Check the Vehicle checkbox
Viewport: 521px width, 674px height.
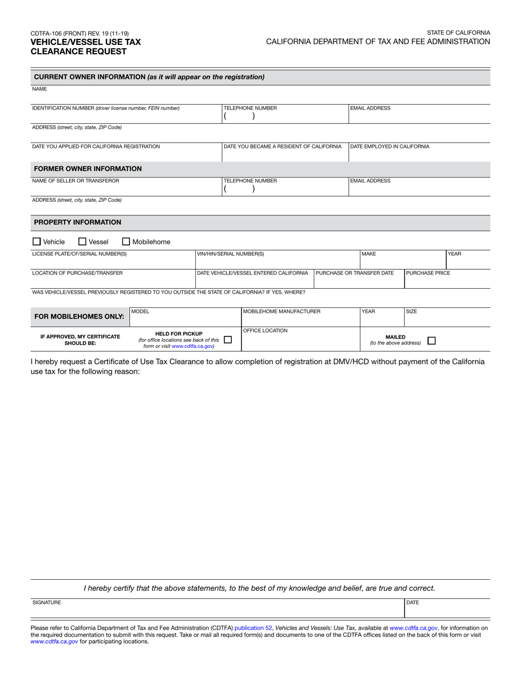[37, 241]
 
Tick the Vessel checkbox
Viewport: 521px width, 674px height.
[82, 241]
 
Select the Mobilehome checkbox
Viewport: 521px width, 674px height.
[126, 241]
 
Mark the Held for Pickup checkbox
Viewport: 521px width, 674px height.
[228, 340]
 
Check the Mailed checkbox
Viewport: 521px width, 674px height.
[432, 340]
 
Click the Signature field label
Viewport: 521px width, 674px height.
[47, 602]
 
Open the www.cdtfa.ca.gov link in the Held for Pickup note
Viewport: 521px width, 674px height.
[192, 346]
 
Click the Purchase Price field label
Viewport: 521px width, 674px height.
[428, 273]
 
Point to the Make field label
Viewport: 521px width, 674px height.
[369, 254]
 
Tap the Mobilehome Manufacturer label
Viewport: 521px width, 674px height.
[281, 311]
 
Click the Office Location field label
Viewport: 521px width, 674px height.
[265, 330]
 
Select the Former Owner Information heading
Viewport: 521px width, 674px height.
[88, 169]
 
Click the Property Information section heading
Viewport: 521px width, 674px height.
[78, 222]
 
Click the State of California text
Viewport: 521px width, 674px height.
[458, 33]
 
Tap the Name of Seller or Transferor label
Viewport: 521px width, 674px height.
[76, 180]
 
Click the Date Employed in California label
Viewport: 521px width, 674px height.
[389, 146]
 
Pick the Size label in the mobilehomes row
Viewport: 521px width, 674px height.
[411, 311]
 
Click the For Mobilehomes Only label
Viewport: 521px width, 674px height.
[80, 317]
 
